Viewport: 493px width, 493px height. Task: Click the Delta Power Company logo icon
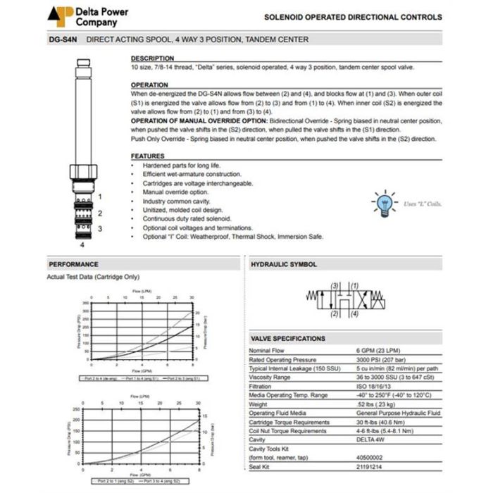point(60,15)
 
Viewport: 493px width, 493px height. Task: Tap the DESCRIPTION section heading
point(152,58)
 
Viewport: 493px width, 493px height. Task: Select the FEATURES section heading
point(148,156)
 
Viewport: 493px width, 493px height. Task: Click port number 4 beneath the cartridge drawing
point(82,245)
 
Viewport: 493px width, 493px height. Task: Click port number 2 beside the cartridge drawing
point(100,213)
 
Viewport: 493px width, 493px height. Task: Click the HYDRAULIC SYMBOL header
point(284,264)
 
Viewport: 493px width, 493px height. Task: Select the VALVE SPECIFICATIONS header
point(288,339)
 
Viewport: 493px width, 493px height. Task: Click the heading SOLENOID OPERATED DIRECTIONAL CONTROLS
point(353,17)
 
